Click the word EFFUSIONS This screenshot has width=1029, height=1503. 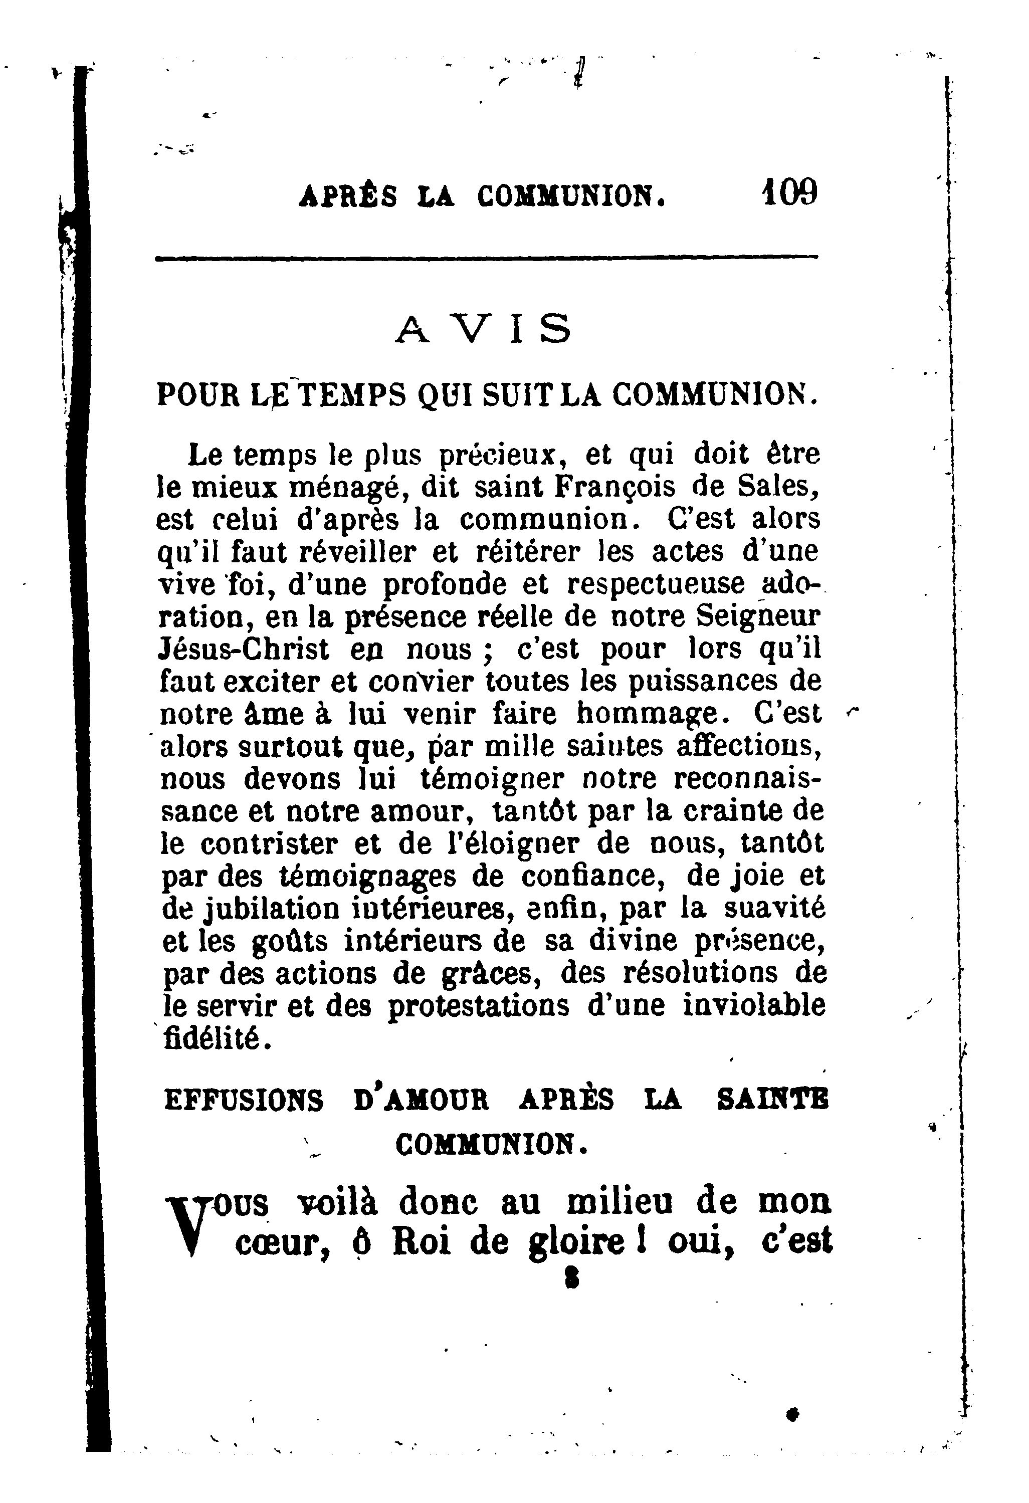click(243, 1101)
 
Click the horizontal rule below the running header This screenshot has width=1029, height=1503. click(486, 259)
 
